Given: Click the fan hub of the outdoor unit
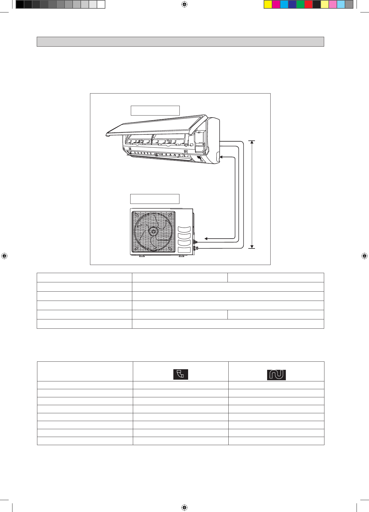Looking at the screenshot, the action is [153, 231].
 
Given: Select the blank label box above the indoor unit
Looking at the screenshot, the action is [155, 111].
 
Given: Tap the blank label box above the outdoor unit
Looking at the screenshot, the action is [155, 199].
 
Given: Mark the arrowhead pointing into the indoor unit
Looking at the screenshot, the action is [221, 157].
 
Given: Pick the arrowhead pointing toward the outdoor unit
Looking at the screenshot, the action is [206, 239].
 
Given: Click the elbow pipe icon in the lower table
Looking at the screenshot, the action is [181, 374].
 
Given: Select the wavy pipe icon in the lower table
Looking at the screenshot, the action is [276, 375].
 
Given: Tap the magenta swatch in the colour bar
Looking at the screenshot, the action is [276, 4].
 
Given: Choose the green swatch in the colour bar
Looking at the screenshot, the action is [300, 4].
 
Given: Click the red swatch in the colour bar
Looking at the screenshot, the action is [309, 4].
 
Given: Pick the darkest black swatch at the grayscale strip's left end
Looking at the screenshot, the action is [20, 4].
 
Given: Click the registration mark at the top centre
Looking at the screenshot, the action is [184, 4].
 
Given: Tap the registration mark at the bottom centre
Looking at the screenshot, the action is [184, 507].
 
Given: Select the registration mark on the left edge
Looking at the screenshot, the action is [4, 256].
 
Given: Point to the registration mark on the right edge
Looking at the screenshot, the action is [364, 256].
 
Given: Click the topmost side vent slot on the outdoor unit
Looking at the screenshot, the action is [184, 229].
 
